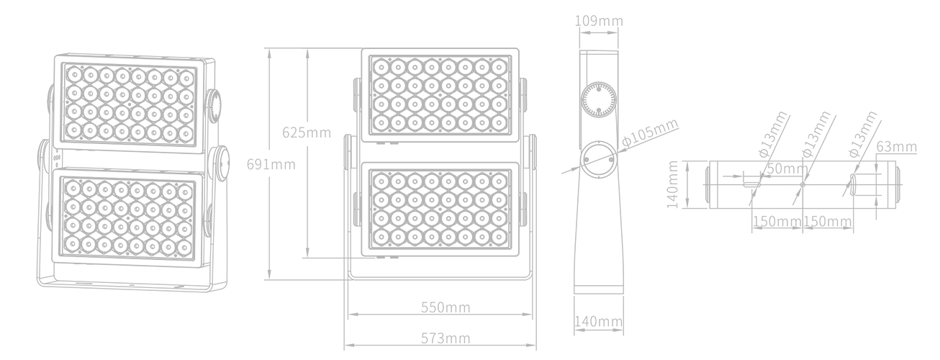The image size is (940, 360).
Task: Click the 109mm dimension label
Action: [x=599, y=21]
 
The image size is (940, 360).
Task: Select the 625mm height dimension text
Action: [x=307, y=132]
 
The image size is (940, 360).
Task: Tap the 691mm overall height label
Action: [x=271, y=164]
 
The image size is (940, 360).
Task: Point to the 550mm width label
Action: [x=446, y=307]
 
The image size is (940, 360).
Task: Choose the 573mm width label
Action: [x=446, y=338]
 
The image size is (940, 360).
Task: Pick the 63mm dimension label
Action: [x=897, y=147]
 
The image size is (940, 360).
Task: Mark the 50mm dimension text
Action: [x=787, y=168]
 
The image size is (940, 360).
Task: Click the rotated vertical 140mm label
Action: [x=672, y=184]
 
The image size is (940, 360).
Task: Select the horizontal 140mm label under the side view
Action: [x=598, y=321]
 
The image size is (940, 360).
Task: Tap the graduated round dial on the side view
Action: [x=598, y=99]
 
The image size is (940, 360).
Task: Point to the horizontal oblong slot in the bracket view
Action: [x=752, y=184]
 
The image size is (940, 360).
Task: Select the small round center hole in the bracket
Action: [x=803, y=184]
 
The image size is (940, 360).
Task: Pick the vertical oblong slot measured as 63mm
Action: [x=853, y=184]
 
